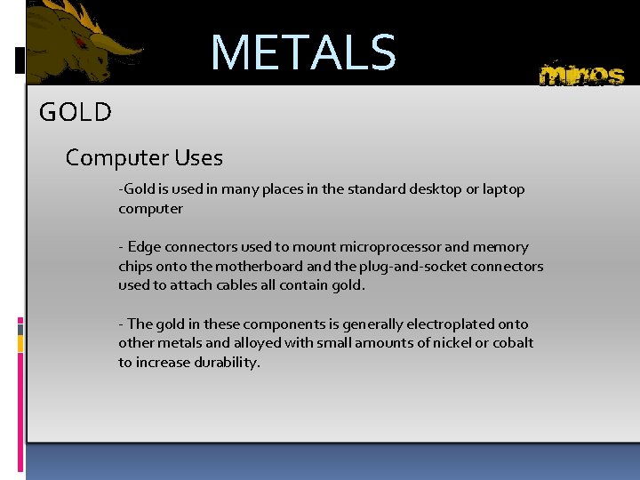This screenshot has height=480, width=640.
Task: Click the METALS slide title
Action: coord(303,52)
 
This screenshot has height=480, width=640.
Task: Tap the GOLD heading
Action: coord(76,113)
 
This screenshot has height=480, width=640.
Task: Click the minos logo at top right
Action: coord(581,74)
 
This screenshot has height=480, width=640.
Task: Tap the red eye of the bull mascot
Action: coord(82,42)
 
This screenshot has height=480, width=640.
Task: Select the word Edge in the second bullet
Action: coord(144,247)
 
